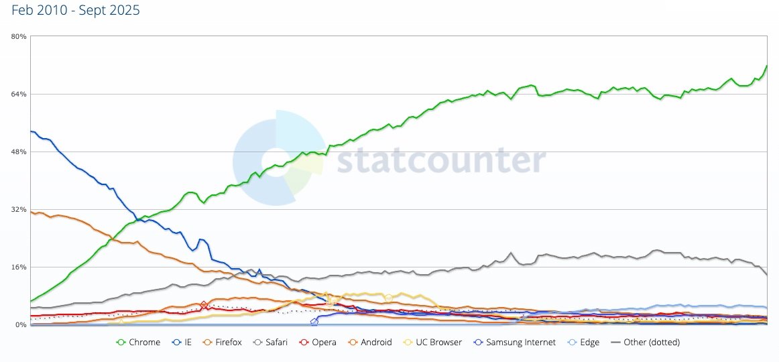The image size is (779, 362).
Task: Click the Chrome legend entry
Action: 139,343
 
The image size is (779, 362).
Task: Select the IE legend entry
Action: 182,343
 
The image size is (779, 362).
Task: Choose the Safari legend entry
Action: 270,343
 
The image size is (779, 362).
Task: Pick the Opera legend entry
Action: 318,343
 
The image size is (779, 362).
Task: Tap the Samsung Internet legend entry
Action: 514,343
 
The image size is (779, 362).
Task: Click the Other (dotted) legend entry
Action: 646,343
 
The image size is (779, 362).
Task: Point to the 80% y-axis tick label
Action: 18,37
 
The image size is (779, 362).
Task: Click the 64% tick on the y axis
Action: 18,94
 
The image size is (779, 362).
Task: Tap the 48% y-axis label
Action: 18,152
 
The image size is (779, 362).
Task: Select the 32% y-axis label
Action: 18,209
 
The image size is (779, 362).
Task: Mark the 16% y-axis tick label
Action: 18,267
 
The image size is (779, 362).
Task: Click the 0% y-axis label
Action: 20,324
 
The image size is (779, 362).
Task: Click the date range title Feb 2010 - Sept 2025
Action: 76,11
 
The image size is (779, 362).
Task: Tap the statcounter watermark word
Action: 440,162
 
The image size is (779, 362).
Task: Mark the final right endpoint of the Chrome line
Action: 766,66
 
